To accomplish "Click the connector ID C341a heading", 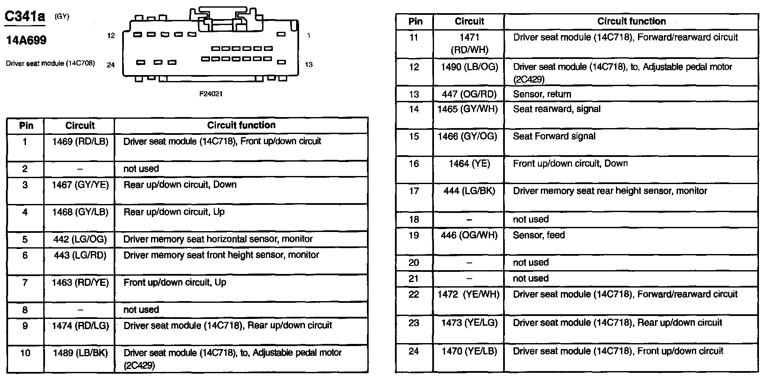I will (x=25, y=17).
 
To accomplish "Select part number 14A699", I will (x=26, y=41).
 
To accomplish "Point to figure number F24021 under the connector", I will (x=211, y=94).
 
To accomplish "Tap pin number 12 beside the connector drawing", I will (x=111, y=36).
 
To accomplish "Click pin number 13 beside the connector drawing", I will (x=309, y=64).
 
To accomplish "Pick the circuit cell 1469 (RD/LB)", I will (x=80, y=141).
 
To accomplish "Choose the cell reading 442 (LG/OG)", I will (x=80, y=239).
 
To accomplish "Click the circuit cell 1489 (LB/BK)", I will (x=80, y=352).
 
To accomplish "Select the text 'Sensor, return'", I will (x=542, y=94).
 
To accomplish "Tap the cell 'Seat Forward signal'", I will (x=554, y=136).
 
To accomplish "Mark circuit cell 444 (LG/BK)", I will (x=469, y=191).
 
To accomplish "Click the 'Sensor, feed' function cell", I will (x=539, y=235).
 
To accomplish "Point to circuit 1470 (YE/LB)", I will (x=469, y=351).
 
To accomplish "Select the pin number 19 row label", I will (x=414, y=235).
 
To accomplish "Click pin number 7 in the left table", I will (x=25, y=282).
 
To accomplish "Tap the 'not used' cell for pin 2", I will (x=141, y=169).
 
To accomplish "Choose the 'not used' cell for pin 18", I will (x=531, y=219).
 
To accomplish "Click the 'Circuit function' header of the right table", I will (x=631, y=21).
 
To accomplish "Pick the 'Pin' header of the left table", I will (x=26, y=126).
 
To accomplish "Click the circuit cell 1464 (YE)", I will (x=469, y=164).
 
